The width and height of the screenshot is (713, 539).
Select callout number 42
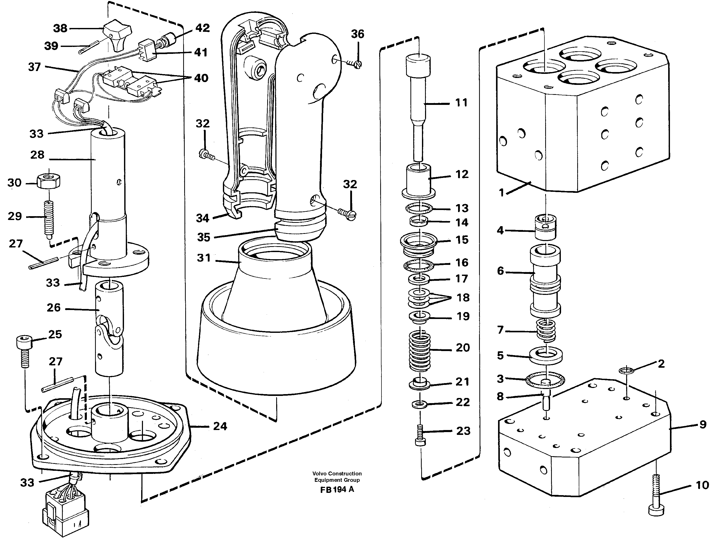coord(202,28)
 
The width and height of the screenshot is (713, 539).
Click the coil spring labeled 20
coord(420,351)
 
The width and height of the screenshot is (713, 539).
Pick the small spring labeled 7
coord(546,330)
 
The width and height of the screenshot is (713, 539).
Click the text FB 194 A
coord(337,489)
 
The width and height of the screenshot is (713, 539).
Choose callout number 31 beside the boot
coord(204,258)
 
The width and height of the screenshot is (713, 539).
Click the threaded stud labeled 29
coord(48,219)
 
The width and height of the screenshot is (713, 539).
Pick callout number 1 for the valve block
coord(501,193)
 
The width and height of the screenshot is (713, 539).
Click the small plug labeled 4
coord(545,227)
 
